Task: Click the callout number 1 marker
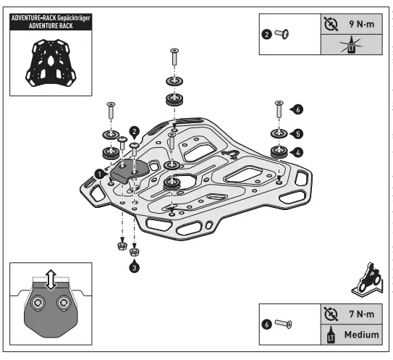99,173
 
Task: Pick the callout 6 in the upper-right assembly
299,109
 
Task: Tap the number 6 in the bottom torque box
266,326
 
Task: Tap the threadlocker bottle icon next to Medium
331,336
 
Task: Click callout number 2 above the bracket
134,131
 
